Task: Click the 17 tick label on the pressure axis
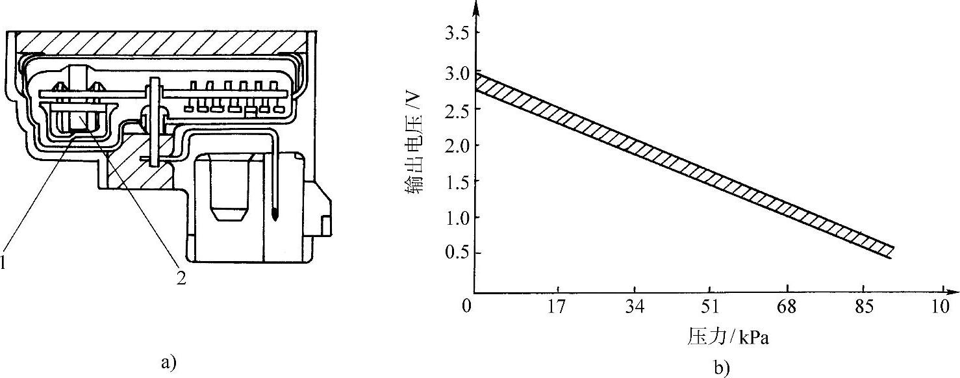pos(557,307)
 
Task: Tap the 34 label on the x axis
pos(635,307)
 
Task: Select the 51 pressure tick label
pos(710,307)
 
